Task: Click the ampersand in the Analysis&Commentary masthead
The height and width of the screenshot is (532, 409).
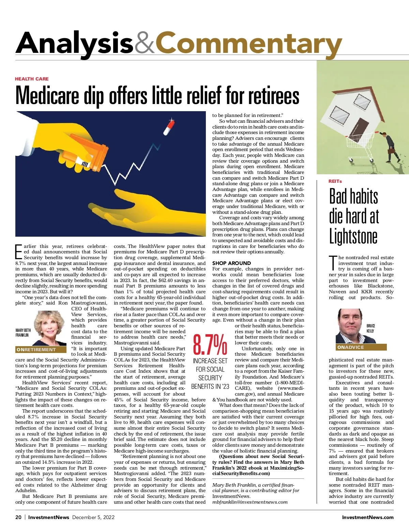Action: click(x=144, y=44)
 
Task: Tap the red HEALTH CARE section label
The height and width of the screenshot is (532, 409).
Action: click(x=32, y=79)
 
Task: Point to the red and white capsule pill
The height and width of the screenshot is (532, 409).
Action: click(x=169, y=127)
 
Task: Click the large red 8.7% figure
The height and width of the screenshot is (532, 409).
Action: click(x=210, y=345)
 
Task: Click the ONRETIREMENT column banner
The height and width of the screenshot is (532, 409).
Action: click(x=41, y=350)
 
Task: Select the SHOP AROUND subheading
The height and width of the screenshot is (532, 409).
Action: click(x=231, y=263)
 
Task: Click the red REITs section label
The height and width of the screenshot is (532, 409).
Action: click(x=335, y=181)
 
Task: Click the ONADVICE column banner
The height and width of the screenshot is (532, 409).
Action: click(x=361, y=347)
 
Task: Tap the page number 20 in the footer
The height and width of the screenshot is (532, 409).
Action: click(x=18, y=517)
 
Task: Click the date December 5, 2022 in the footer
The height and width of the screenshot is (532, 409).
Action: click(x=93, y=517)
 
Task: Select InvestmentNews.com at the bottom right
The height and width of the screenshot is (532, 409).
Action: click(x=367, y=517)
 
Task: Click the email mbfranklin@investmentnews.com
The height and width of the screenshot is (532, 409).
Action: click(x=250, y=502)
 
